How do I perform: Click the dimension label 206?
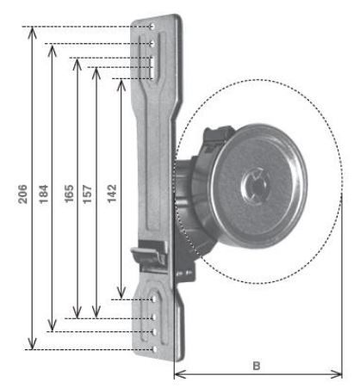22,194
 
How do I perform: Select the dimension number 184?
44,194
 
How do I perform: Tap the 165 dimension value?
69,194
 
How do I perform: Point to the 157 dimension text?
88,194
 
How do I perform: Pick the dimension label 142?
112,194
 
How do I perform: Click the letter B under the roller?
257,366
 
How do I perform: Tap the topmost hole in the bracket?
152,27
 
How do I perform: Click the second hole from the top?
152,44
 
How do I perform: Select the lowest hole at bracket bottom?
154,349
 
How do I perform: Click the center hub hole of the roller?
257,186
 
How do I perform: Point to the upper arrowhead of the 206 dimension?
33,32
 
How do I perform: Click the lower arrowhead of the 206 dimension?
33,343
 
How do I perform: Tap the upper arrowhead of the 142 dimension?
121,85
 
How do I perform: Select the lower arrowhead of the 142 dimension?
121,293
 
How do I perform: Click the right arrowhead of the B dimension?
336,374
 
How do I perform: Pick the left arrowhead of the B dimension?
181,374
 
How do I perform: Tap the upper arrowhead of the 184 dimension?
52,50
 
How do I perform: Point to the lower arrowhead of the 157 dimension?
96,312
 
